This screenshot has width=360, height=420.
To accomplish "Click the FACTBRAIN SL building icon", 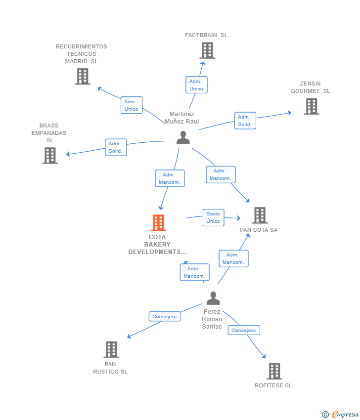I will [207, 50].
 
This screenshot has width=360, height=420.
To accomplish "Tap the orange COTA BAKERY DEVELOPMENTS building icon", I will [158, 223].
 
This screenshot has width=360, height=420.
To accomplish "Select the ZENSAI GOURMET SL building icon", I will [311, 106].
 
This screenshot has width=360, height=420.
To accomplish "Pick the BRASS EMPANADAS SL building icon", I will [50, 155].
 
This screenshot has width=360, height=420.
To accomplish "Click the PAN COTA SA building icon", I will [260, 215].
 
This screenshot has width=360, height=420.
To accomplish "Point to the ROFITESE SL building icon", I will [274, 371].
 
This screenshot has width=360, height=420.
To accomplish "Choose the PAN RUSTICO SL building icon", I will [111, 349].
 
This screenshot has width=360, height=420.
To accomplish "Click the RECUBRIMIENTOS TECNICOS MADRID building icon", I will [83, 76].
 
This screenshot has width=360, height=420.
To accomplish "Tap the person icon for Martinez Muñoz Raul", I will [183, 138].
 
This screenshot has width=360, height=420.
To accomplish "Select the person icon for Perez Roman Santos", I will [213, 298].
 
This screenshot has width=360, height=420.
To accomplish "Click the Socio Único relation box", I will [213, 217].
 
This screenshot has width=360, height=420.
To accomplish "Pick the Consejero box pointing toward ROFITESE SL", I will [244, 330].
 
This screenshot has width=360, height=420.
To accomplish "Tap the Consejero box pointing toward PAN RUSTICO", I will [165, 316].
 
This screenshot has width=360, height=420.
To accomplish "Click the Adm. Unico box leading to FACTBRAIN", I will [196, 85].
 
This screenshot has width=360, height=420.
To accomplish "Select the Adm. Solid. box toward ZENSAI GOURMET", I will [245, 121].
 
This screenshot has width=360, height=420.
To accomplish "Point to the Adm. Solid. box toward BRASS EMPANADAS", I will [116, 147].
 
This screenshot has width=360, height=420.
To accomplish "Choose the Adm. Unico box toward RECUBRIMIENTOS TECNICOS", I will [132, 105].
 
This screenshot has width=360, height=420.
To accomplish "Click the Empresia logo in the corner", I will [340, 414].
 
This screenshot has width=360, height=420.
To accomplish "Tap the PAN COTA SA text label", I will [259, 230].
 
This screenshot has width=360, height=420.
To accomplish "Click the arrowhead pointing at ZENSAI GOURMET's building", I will [289, 113].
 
